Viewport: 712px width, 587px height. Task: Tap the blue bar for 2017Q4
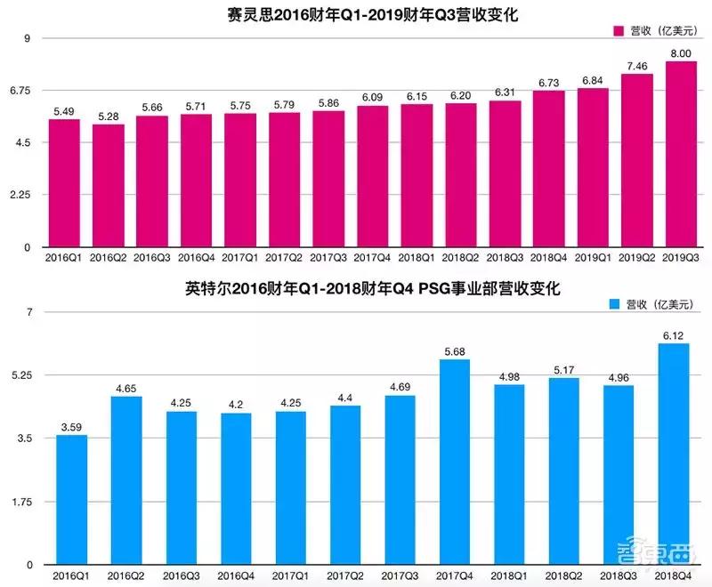(454, 462)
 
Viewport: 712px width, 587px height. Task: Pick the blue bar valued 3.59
(70, 500)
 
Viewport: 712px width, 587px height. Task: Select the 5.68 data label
(454, 351)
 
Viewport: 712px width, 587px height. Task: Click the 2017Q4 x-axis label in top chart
(373, 257)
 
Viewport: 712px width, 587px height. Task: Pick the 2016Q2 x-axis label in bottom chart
(125, 575)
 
